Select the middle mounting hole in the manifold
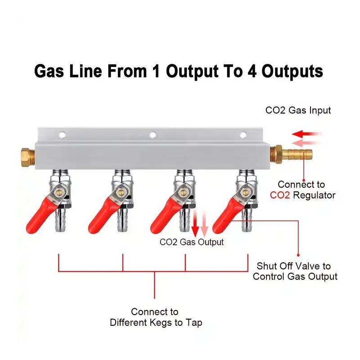(153, 134)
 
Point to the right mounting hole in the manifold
(243, 134)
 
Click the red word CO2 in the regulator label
(280, 195)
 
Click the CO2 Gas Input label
(298, 110)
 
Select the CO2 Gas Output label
(192, 242)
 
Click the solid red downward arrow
(195, 227)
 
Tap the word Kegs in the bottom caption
(166, 323)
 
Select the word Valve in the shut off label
(308, 266)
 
